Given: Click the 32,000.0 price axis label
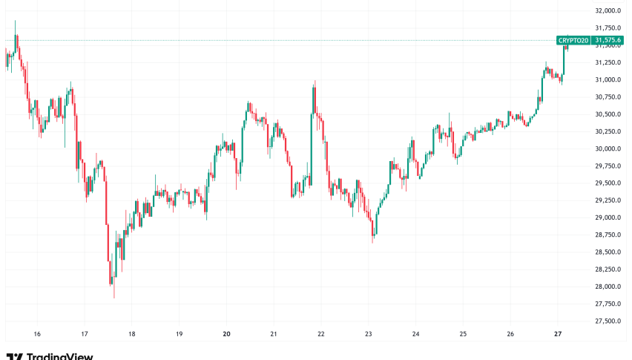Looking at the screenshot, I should point(608,11).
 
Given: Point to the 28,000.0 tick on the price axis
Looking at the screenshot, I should point(608,287).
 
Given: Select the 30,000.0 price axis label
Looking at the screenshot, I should point(608,149).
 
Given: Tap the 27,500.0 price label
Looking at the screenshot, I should point(608,321).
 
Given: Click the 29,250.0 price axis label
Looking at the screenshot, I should point(608,200).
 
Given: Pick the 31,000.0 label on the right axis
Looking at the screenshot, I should point(608,80).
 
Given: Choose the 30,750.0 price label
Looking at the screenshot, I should point(608,97).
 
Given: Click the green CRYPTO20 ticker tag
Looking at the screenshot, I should point(574,40).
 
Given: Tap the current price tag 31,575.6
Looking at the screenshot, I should point(608,40).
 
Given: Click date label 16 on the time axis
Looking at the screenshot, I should point(37,334).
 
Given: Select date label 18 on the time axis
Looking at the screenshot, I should point(132,334).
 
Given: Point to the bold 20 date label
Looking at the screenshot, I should point(227,334).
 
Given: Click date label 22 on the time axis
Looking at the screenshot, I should point(321,334).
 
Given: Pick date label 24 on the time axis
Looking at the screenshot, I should point(416,334).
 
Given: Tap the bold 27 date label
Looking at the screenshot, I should point(559,334).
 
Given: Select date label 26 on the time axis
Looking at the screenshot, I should point(511,334).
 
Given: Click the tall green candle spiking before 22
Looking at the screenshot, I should point(314,134).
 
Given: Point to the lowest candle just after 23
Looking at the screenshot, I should point(373,233).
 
